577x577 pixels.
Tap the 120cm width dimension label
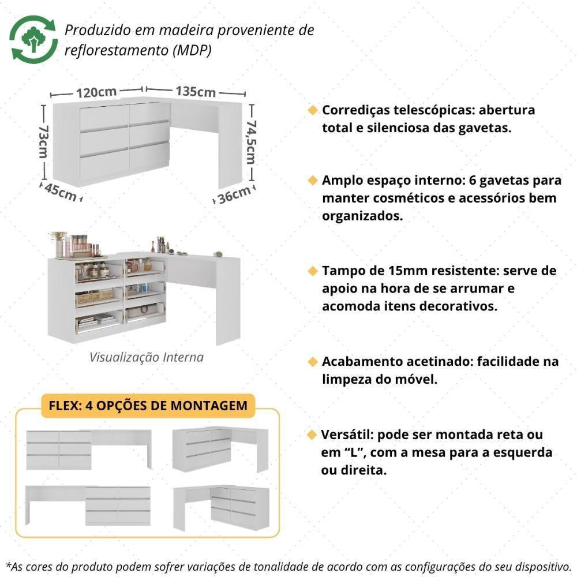point(96,92)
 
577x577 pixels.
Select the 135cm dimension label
point(196,92)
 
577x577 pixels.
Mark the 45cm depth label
point(59,193)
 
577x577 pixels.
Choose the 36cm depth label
point(234,195)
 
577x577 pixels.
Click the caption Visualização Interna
point(147,357)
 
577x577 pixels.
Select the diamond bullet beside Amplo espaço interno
point(312,181)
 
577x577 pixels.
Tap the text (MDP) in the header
point(192,50)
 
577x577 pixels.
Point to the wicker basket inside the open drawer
point(95,297)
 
